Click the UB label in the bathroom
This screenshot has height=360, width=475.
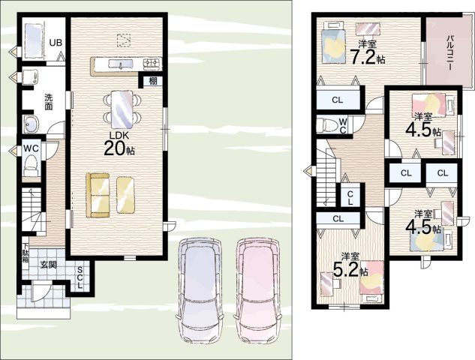click(x=56, y=43)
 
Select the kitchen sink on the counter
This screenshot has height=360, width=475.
click(x=121, y=64)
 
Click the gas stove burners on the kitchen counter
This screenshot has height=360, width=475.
click(x=152, y=63)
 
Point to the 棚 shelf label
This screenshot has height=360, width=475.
click(x=153, y=81)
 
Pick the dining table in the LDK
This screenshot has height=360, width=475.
click(x=122, y=109)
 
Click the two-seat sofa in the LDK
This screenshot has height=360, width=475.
click(x=98, y=195)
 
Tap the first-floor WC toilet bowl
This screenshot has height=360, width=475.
click(x=31, y=166)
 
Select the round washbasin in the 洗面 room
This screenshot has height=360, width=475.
click(x=32, y=124)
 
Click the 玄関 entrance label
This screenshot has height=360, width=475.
click(x=48, y=265)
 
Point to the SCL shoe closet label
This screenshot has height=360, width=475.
click(x=80, y=277)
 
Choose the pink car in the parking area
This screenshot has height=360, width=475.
click(x=258, y=290)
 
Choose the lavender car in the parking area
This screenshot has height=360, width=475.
click(x=200, y=290)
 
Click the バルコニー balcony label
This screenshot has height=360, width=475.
click(x=449, y=52)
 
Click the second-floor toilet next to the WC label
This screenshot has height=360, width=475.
click(x=326, y=125)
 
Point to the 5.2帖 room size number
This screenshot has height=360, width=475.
click(x=350, y=270)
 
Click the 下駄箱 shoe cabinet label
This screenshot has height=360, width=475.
click(x=26, y=254)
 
